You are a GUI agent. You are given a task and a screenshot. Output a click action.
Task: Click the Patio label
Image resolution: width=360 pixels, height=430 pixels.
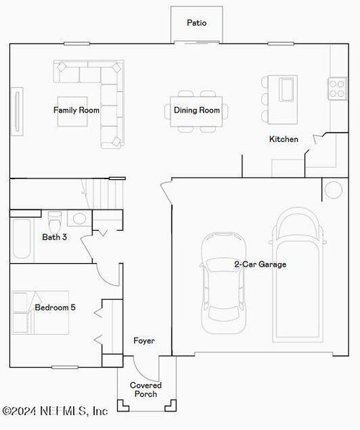(x=196, y=23)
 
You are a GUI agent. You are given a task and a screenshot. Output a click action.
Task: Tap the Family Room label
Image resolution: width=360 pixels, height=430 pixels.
(x=76, y=110)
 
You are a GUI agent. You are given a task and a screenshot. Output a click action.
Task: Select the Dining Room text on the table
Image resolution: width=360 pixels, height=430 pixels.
(x=196, y=110)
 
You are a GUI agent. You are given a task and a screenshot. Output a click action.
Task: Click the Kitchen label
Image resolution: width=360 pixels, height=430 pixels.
(x=283, y=139)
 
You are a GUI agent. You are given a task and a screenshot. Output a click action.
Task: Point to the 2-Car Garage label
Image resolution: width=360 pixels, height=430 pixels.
(x=260, y=264)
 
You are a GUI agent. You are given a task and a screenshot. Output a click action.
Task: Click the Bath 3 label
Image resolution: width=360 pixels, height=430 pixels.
(x=55, y=236)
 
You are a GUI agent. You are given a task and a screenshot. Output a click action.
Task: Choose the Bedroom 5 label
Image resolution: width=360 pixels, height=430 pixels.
(x=55, y=307)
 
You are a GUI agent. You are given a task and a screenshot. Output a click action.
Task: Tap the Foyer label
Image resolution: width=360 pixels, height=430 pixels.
(x=143, y=341)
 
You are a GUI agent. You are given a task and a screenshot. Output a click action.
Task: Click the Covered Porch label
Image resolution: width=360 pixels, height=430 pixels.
(x=146, y=390)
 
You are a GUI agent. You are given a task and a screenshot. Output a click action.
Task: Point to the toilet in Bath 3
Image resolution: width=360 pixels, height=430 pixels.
(x=54, y=217)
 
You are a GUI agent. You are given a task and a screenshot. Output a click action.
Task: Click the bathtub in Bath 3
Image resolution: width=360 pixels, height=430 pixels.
(x=21, y=240)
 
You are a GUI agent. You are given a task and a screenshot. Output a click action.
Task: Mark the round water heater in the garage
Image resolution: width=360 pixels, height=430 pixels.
(x=333, y=190)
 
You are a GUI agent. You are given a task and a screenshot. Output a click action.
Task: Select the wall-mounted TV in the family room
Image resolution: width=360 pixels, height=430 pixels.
(x=16, y=110)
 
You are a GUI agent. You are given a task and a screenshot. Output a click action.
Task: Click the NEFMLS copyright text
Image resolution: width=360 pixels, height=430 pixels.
(x=55, y=411)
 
